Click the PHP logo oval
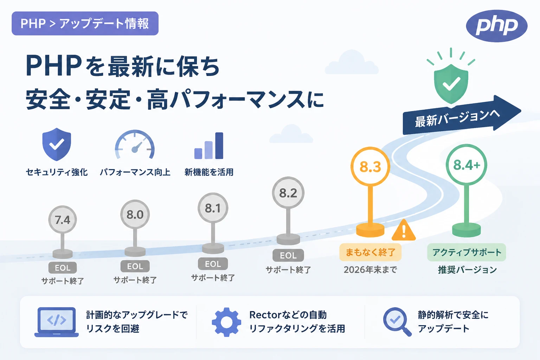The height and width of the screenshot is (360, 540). [x=497, y=26]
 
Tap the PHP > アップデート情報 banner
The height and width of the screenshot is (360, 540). [x=85, y=24]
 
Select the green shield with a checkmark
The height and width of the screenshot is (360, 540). [x=451, y=83]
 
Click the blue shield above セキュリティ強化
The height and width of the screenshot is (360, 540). [x=57, y=144]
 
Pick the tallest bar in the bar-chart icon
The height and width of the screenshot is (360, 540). [x=219, y=146]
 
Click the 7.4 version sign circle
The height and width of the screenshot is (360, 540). [x=63, y=219]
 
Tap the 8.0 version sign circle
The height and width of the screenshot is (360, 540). [x=135, y=214]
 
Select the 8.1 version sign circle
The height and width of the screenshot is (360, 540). [x=213, y=208]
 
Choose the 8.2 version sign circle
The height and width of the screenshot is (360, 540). [x=288, y=193]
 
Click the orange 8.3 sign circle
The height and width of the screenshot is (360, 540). [x=370, y=167]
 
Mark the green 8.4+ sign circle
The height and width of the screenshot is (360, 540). [x=467, y=165]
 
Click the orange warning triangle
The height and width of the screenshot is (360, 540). [x=404, y=230]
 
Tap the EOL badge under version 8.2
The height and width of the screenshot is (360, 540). [x=288, y=255]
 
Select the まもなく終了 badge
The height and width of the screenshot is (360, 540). [x=370, y=252]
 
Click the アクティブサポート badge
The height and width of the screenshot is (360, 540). [x=467, y=252]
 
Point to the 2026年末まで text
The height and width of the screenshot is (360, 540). [x=370, y=270]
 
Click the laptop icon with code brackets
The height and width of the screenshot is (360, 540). [x=56, y=322]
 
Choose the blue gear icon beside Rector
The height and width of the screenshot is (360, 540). [x=226, y=322]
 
